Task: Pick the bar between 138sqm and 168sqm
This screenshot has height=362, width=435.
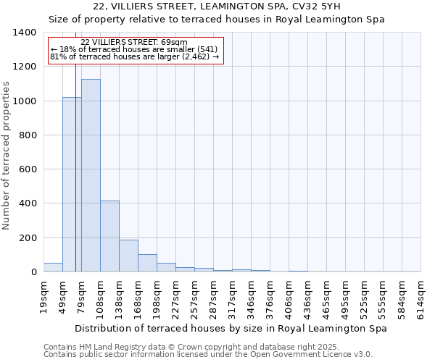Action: tap(128, 256)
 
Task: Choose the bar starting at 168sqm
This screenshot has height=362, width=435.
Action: tap(147, 263)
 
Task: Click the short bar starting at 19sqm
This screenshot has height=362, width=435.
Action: tap(53, 267)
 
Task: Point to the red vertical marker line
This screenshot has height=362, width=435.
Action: tap(75, 167)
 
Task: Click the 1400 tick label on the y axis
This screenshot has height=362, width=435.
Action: tap(25, 33)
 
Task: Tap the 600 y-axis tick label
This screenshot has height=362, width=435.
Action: tap(28, 169)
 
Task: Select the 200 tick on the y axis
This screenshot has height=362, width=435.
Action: tap(28, 238)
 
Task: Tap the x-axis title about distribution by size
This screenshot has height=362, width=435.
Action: tap(231, 328)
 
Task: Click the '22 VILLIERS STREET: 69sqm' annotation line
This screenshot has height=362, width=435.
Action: tap(134, 42)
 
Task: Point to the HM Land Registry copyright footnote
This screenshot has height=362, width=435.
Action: tap(207, 348)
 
